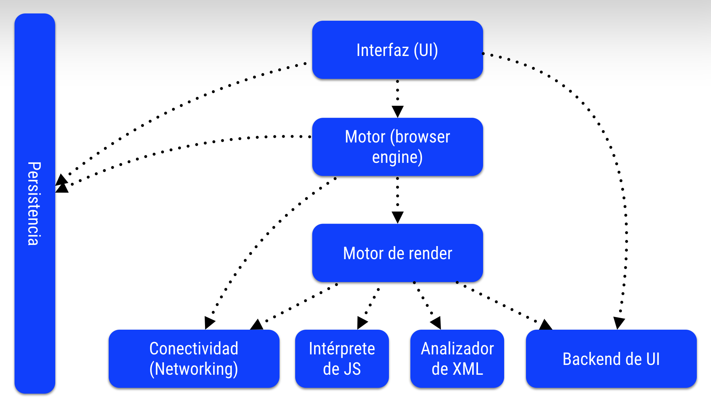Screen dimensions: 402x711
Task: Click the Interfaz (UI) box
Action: click(397, 50)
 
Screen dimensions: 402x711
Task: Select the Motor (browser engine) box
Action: click(397, 147)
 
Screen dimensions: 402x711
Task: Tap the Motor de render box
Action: click(397, 253)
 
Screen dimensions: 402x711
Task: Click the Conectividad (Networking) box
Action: click(194, 359)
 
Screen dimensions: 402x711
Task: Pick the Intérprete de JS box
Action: click(342, 359)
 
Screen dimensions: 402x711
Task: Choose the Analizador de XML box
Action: click(457, 359)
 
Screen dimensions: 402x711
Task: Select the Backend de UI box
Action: click(611, 359)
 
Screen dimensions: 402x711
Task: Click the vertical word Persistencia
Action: click(34, 204)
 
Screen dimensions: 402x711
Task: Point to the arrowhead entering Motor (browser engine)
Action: click(397, 111)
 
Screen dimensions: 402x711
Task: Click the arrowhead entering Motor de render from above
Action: click(397, 217)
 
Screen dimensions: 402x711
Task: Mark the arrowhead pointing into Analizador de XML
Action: click(436, 323)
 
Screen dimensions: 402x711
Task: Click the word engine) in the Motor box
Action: click(397, 157)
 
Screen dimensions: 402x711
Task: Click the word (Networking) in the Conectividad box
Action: click(194, 369)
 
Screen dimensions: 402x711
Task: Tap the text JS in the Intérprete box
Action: click(352, 369)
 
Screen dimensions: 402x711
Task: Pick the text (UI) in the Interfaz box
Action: click(426, 50)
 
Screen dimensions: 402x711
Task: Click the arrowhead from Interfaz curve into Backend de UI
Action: click(619, 323)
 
